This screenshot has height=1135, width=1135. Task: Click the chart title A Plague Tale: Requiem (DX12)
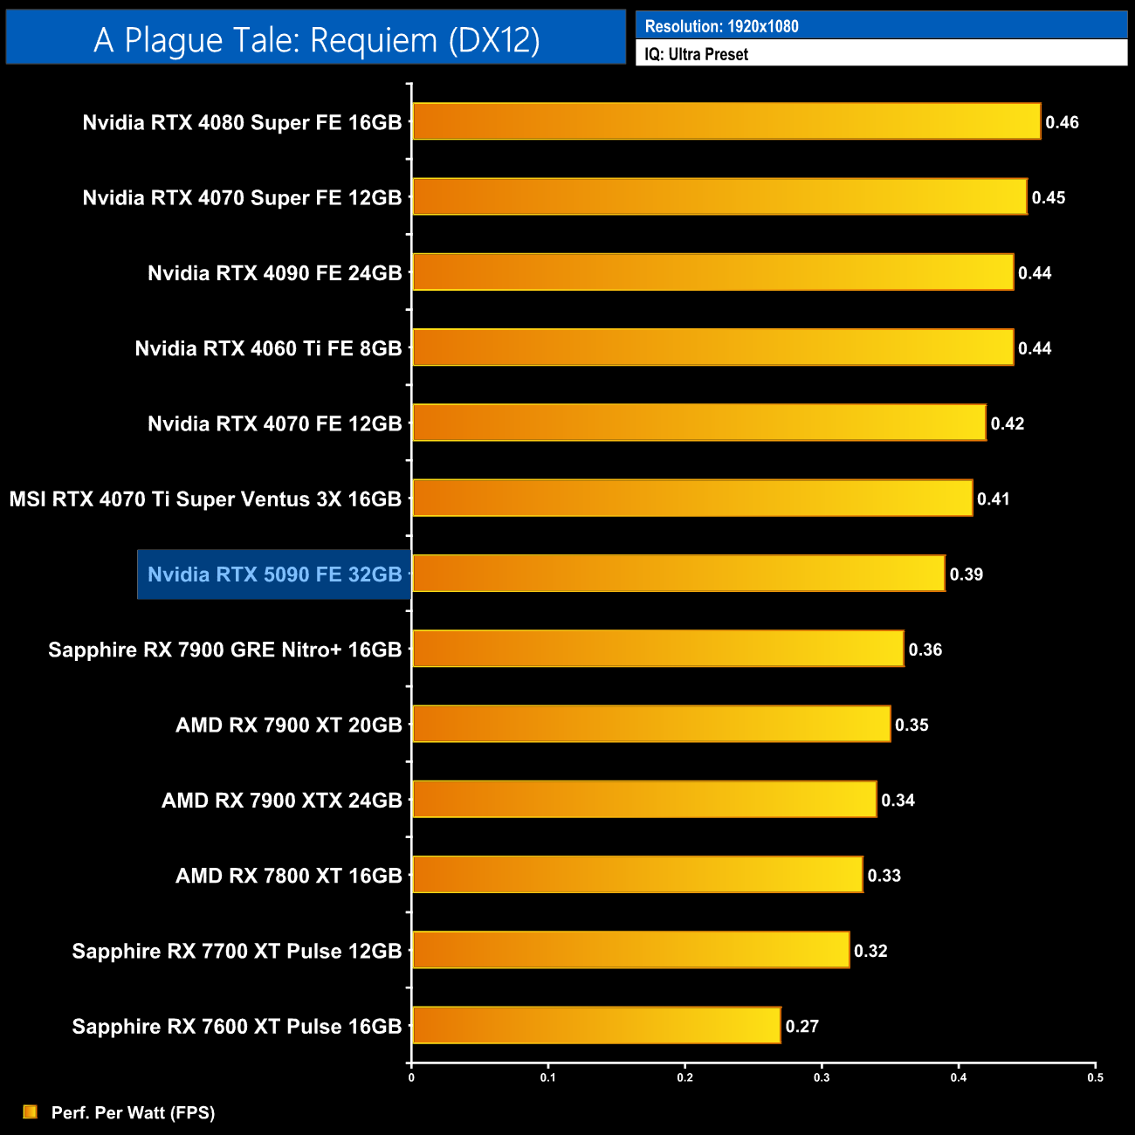(x=316, y=39)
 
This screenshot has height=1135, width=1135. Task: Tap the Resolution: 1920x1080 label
(x=721, y=26)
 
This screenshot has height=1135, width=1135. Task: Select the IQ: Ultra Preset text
(x=696, y=54)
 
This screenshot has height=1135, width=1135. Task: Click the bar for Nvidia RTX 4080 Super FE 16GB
(x=726, y=121)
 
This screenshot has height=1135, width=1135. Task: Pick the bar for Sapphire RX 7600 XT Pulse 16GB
(x=596, y=1025)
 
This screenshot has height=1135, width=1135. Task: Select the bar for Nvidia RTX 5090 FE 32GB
(x=678, y=574)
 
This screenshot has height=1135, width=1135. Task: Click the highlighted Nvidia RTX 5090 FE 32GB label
(x=274, y=574)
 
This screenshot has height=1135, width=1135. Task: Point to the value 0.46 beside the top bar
(x=1062, y=122)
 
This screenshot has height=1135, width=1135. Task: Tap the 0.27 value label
(x=801, y=1026)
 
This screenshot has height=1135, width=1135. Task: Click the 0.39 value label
(x=966, y=574)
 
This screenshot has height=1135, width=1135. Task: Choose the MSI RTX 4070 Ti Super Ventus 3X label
(x=205, y=499)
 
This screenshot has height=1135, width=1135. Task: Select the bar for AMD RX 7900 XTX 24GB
(x=644, y=800)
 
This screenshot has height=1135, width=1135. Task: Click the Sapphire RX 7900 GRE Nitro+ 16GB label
(x=224, y=650)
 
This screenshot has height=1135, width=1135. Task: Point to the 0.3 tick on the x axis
(x=822, y=1077)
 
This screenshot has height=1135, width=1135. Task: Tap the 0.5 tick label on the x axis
(x=1095, y=1077)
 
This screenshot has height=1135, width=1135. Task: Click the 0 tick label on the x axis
(x=411, y=1077)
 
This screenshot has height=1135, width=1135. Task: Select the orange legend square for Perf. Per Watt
(x=31, y=1111)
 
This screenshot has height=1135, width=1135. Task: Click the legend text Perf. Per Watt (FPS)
(x=133, y=1112)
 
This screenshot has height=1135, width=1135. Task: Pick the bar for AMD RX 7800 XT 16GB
(x=637, y=875)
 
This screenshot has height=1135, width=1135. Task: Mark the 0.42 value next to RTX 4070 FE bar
(x=1007, y=423)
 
